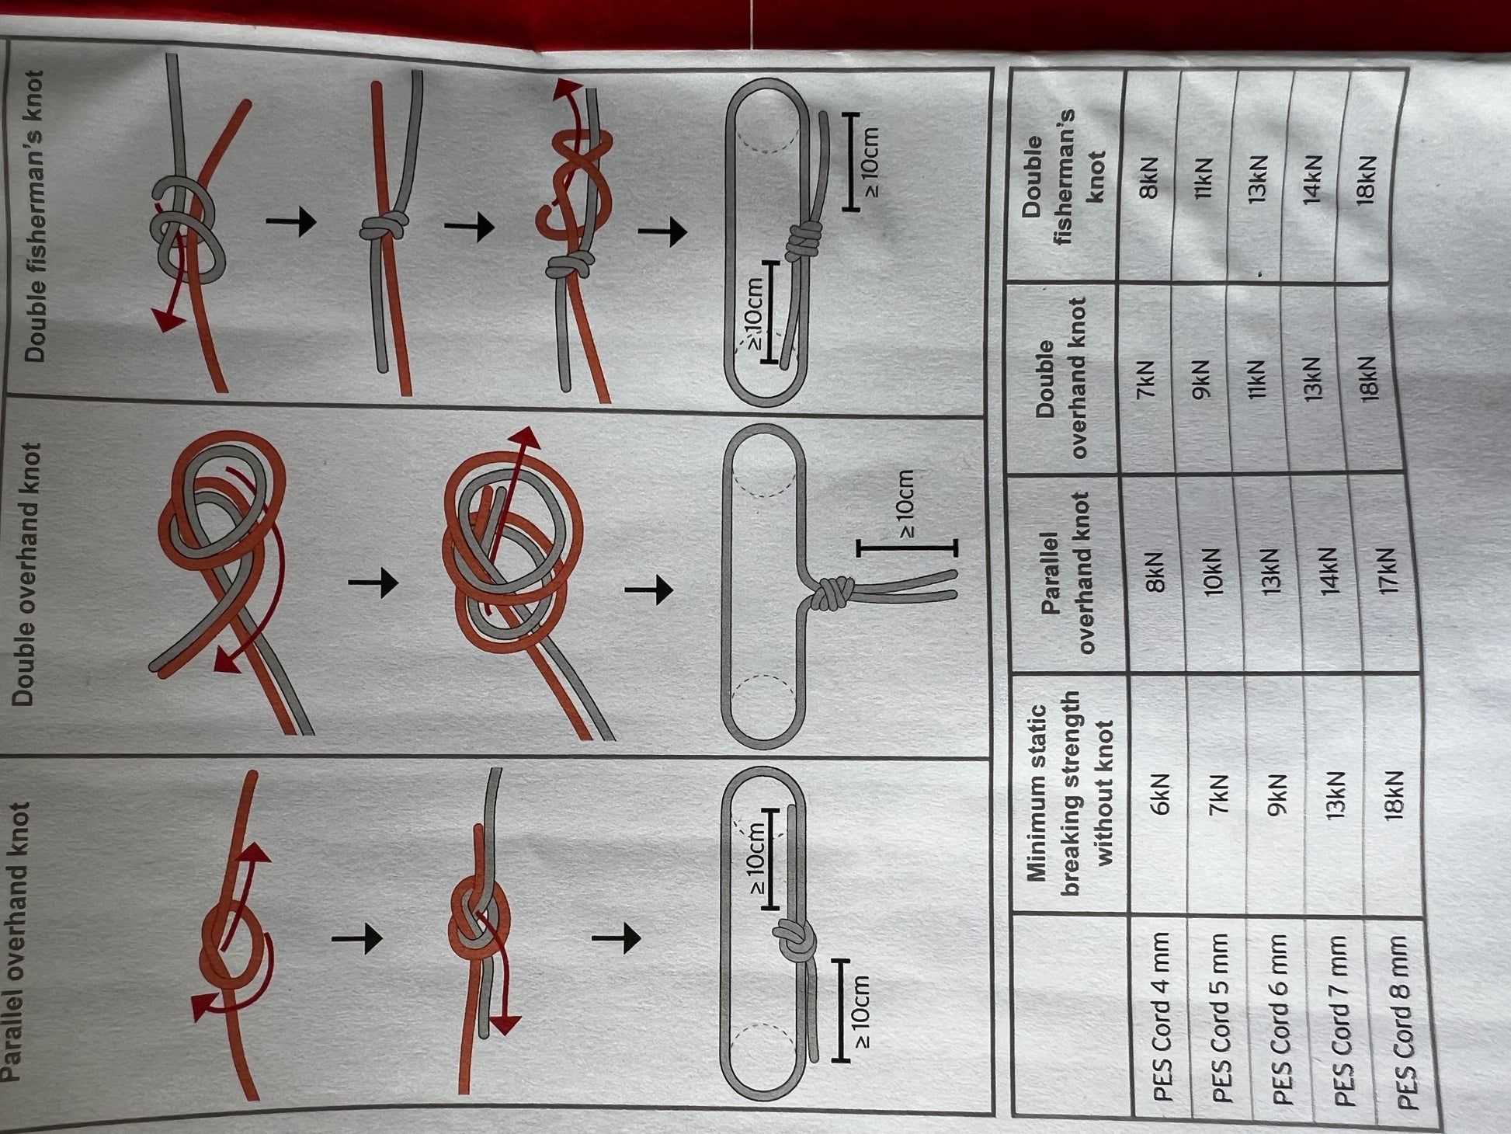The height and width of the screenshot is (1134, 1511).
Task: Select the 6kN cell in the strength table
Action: (x=1158, y=796)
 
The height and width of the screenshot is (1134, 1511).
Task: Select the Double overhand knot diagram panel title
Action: (x=27, y=574)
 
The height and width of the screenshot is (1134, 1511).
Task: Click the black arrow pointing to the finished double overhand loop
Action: (x=649, y=590)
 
